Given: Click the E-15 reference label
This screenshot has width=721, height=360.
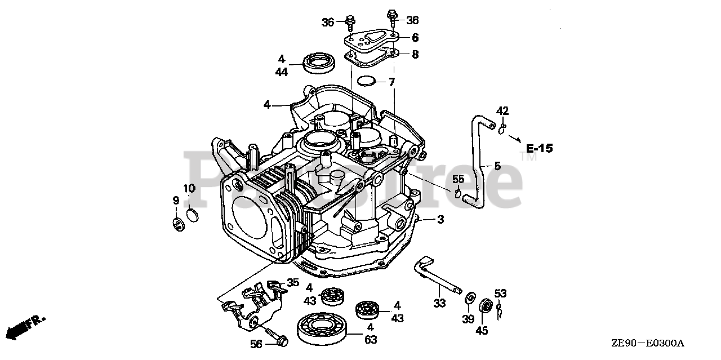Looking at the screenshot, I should pos(539,149).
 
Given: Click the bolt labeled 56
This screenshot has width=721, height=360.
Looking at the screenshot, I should pos(276,337).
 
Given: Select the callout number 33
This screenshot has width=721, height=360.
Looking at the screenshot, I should pos(439,303).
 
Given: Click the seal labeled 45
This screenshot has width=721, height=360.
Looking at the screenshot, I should pos(483,308).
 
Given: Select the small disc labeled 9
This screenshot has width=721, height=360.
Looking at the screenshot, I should pos(179,223).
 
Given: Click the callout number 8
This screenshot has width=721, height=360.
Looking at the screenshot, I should pos(415,55).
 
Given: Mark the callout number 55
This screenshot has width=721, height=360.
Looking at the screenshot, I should pos(459,180).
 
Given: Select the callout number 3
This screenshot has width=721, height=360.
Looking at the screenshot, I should pos(440,220).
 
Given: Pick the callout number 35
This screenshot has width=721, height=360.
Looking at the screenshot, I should pos(293,282).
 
